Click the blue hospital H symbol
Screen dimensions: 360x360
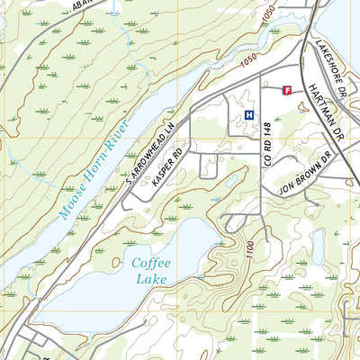[x=248, y=113]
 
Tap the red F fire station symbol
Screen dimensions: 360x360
[x=288, y=90]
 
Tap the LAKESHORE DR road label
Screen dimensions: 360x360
[x=328, y=63]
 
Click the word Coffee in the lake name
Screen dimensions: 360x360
[x=151, y=264]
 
